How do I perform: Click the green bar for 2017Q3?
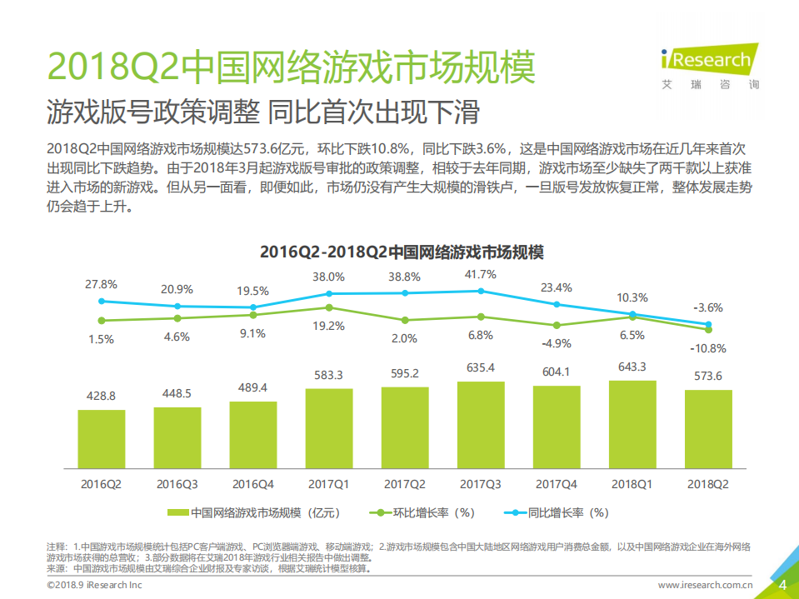coord(481,425)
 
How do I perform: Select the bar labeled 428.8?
coord(102,438)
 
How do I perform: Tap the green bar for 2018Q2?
coord(708,429)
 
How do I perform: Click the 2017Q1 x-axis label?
coord(329,483)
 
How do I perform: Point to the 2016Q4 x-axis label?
coord(253,483)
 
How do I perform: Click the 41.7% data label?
coord(481,274)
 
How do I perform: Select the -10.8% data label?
coord(708,348)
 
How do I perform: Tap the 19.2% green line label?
coord(329,327)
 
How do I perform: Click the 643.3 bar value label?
coord(632,367)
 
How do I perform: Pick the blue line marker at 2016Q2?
coord(102,302)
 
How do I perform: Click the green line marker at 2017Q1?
coord(329,307)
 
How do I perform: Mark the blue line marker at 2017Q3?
coord(481,291)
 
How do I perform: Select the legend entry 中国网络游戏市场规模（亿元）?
coord(254,512)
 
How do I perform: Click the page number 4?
coord(782,585)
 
